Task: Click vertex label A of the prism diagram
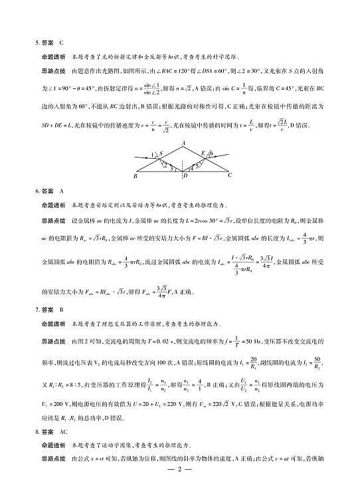pyautogui.click(x=183, y=143)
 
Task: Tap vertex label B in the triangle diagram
pyautogui.click(x=135, y=176)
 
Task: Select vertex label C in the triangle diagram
pyautogui.click(x=230, y=176)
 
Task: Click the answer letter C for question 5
pyautogui.click(x=60, y=42)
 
